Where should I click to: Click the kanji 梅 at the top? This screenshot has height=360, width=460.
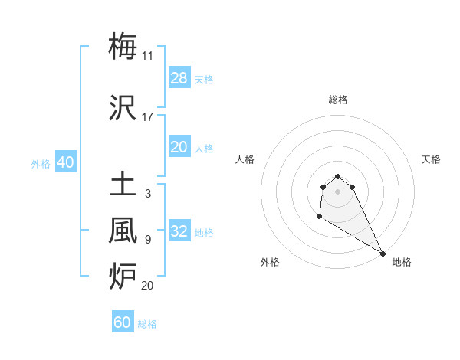click(123, 46)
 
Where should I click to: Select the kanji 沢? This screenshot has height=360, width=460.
click(123, 108)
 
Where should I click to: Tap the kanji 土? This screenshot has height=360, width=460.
click(123, 186)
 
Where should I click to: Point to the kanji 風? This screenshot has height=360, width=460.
click(123, 231)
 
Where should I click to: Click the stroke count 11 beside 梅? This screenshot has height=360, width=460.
click(148, 55)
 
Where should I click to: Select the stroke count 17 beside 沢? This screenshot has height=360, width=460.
click(148, 117)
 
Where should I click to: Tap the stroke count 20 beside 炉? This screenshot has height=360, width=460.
click(148, 286)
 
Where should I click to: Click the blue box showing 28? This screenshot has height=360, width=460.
click(179, 77)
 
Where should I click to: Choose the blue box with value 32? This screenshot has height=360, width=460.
click(179, 231)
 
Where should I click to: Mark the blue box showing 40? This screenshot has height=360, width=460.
click(65, 162)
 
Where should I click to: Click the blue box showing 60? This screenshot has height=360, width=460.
click(123, 322)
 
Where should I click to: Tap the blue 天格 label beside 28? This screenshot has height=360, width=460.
click(204, 79)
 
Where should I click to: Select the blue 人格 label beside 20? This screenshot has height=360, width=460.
click(204, 149)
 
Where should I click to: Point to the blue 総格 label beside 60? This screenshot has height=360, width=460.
click(147, 324)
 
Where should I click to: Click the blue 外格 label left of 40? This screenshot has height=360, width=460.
click(41, 164)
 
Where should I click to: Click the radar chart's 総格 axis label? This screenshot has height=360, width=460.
click(338, 100)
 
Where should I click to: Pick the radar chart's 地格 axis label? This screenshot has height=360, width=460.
click(402, 262)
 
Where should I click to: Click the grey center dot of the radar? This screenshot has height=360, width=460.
click(338, 191)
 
